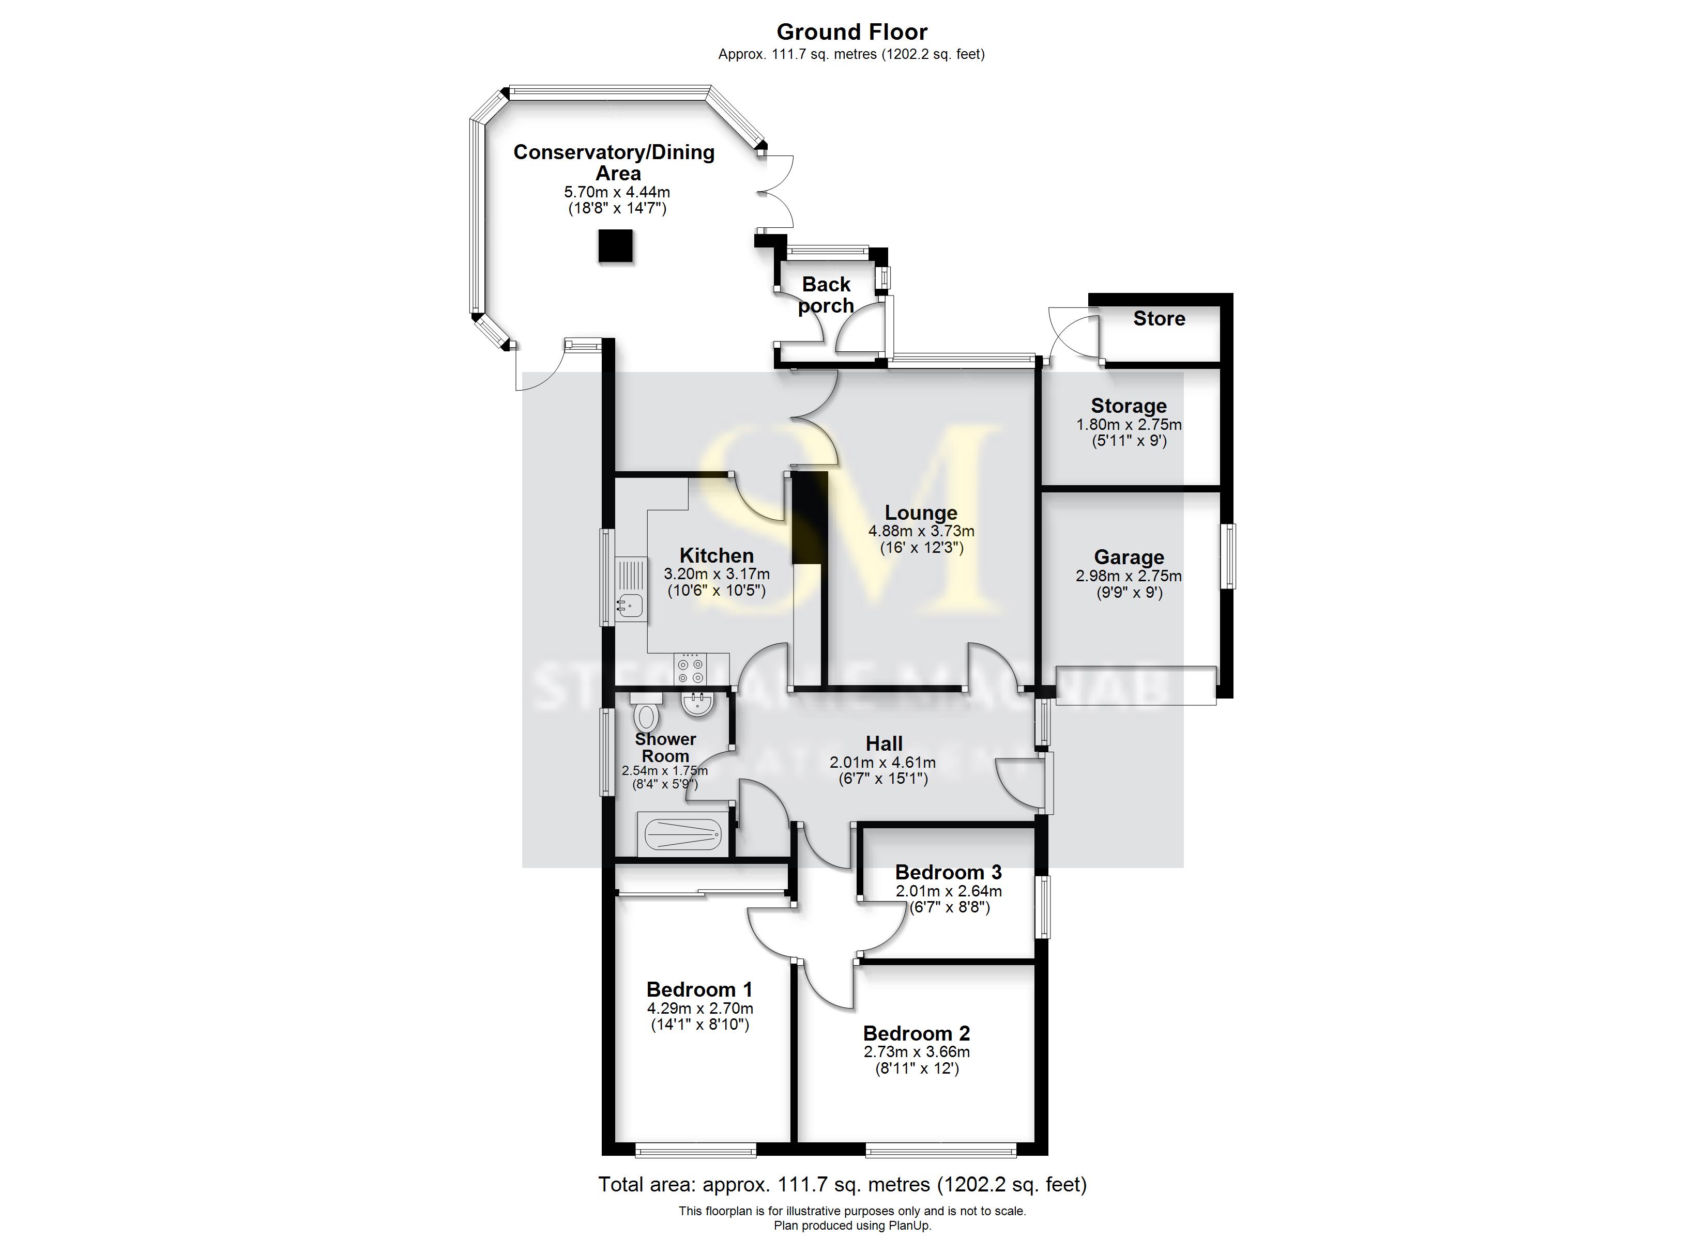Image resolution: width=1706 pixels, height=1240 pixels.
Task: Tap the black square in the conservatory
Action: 615,246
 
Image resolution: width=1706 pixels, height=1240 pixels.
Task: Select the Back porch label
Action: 826,295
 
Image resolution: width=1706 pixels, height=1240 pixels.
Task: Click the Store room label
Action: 1159,319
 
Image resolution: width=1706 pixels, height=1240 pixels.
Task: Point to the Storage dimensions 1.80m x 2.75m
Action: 1129,425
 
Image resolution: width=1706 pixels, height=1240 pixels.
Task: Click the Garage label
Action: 1129,557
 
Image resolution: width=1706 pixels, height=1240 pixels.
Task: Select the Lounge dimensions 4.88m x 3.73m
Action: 921,531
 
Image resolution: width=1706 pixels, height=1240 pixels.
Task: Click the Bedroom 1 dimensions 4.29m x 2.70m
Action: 699,1009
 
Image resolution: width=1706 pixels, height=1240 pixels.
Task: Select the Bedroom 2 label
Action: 916,1033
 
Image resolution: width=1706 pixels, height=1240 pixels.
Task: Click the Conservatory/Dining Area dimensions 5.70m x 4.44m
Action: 617,193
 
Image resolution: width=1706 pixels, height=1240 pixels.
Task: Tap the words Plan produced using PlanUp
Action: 852,1226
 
